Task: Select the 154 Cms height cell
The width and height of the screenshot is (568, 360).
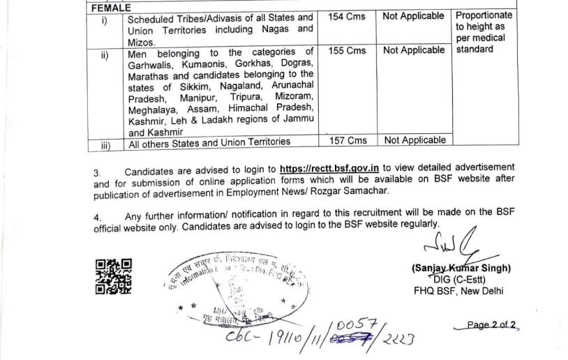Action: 347,16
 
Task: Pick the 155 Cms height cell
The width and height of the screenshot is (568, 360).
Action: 347,51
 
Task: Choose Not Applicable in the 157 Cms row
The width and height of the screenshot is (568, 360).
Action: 414,140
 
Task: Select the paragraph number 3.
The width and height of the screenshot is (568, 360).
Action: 97,172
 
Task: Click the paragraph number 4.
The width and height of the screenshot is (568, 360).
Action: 97,216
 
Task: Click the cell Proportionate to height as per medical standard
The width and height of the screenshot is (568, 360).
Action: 484,32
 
